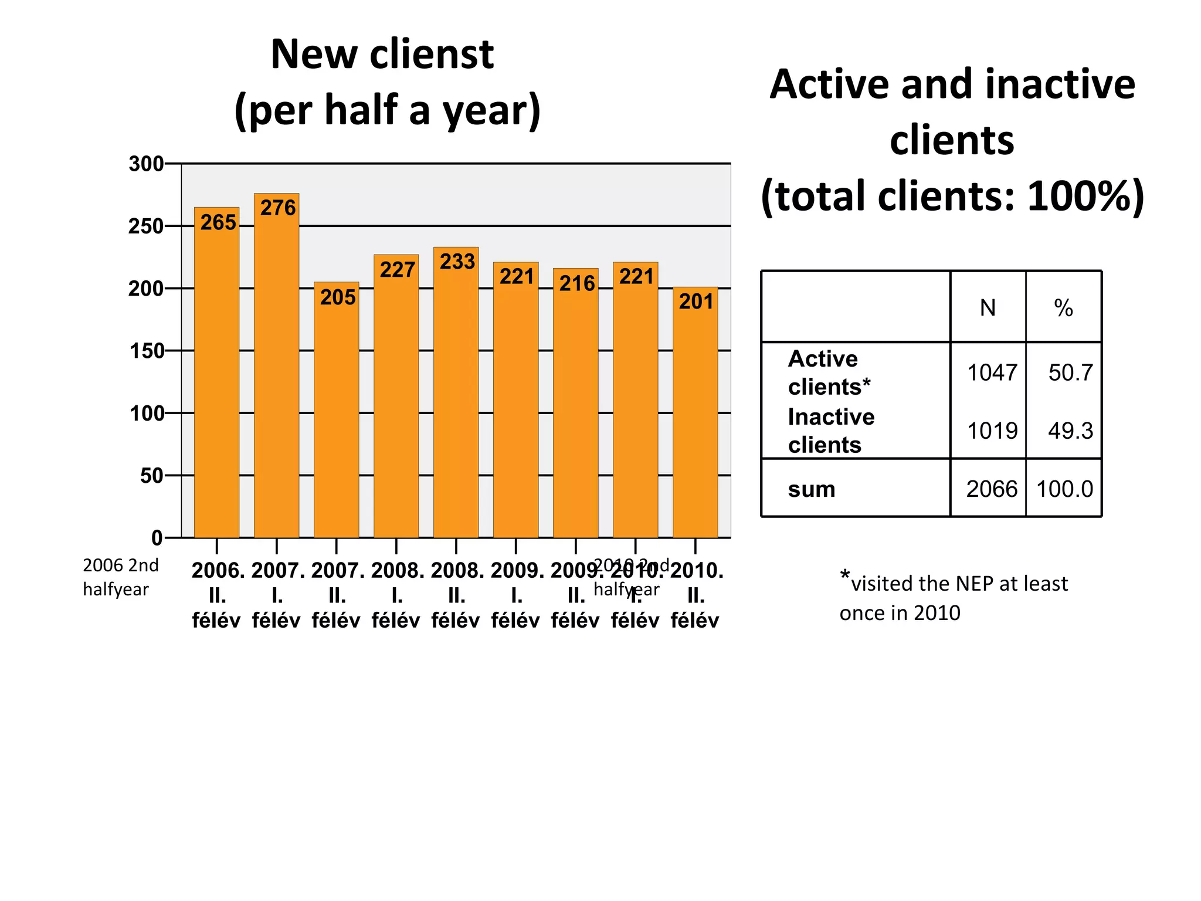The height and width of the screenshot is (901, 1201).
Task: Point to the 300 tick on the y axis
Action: coord(146,164)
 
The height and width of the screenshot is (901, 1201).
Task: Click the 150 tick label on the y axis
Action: coord(146,351)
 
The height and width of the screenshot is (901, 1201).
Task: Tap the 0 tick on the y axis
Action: coord(157,537)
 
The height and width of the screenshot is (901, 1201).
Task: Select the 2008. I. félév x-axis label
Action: coord(396,595)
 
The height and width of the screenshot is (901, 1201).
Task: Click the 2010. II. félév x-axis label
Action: coord(696,595)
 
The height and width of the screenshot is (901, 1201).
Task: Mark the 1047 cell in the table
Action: coord(992,372)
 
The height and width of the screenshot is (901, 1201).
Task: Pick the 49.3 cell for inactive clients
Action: coord(1070,431)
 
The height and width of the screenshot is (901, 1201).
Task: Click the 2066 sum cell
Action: coord(992,489)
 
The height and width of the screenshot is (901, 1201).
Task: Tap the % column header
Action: coord(1063,307)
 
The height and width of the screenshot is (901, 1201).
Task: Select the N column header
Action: coord(988,307)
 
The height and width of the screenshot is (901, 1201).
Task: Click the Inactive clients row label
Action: coord(830,430)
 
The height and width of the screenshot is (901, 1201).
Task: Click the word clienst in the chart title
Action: coord(432,54)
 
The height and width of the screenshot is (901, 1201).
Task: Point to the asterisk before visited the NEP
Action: coord(844,575)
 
